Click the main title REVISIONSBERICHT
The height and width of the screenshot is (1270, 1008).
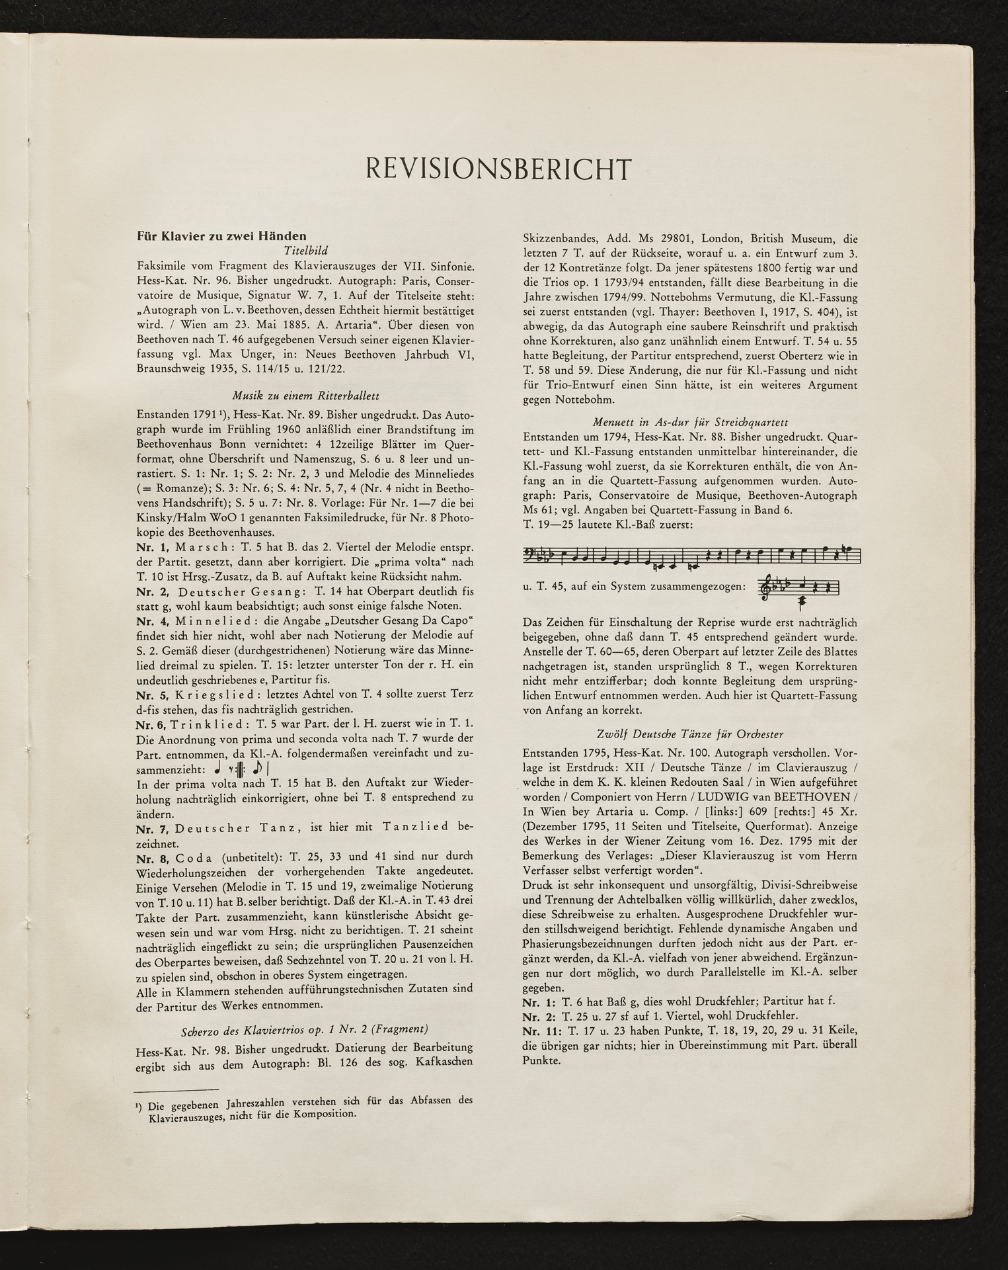click(498, 169)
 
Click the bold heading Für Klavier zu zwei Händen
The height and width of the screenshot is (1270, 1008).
click(221, 236)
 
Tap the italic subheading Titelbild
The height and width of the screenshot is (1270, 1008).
click(305, 251)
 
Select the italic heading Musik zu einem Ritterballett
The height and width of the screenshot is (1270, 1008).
click(305, 396)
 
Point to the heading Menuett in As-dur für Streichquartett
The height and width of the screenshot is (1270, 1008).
click(690, 423)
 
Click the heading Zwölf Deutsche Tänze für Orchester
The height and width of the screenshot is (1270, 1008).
click(690, 734)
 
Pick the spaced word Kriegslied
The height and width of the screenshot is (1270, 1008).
click(213, 695)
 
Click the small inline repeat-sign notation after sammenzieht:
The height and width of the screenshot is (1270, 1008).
click(241, 769)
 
